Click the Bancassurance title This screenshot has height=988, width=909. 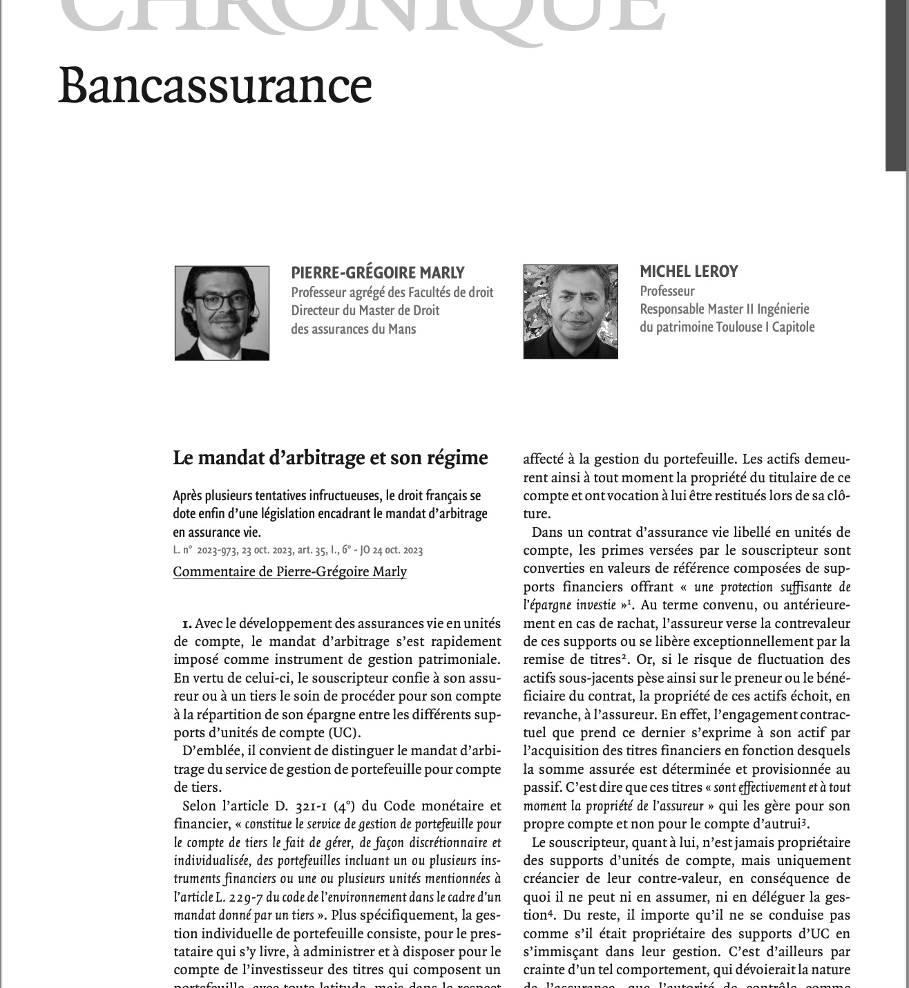click(215, 86)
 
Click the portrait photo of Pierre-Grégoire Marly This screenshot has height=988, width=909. click(222, 313)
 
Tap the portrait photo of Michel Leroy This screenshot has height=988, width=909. click(571, 311)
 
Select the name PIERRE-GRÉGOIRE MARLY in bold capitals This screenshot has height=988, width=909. click(377, 273)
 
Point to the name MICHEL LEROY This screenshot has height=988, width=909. click(689, 272)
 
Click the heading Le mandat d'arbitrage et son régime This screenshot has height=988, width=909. click(330, 457)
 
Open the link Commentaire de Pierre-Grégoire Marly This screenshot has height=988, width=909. click(289, 571)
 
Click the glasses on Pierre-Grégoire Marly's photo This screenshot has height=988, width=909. click(222, 301)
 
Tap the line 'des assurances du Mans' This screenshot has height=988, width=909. click(353, 329)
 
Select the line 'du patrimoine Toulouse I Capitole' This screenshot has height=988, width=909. click(727, 327)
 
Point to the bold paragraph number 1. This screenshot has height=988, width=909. click(186, 624)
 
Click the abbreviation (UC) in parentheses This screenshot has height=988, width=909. click(345, 733)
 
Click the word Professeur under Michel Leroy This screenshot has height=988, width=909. click(667, 291)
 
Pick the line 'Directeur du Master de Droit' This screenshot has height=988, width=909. click(365, 310)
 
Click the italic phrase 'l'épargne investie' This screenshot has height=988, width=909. click(569, 605)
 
